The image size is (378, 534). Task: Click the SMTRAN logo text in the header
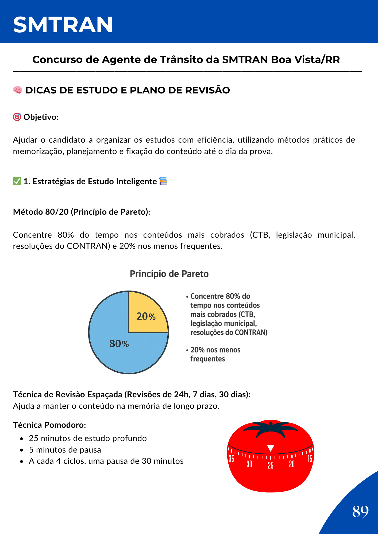(x=63, y=25)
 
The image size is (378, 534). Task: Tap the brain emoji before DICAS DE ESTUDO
(x=18, y=90)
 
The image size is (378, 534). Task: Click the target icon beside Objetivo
(x=17, y=117)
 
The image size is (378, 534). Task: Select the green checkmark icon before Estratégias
(x=17, y=181)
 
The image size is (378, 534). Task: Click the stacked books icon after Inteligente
(x=163, y=181)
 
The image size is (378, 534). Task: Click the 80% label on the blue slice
(x=119, y=344)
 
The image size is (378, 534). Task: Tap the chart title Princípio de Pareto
(x=169, y=274)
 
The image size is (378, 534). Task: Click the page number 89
(x=360, y=512)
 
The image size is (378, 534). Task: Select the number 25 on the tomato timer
(x=271, y=465)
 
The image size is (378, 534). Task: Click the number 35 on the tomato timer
(x=231, y=458)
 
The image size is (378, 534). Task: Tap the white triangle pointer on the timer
(x=271, y=448)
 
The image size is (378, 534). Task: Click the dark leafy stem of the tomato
(x=271, y=428)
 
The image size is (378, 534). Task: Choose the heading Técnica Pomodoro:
(x=49, y=425)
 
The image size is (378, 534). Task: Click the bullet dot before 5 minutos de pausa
(x=22, y=450)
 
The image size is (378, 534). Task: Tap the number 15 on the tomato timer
(x=310, y=458)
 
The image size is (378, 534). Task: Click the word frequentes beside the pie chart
(x=207, y=359)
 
